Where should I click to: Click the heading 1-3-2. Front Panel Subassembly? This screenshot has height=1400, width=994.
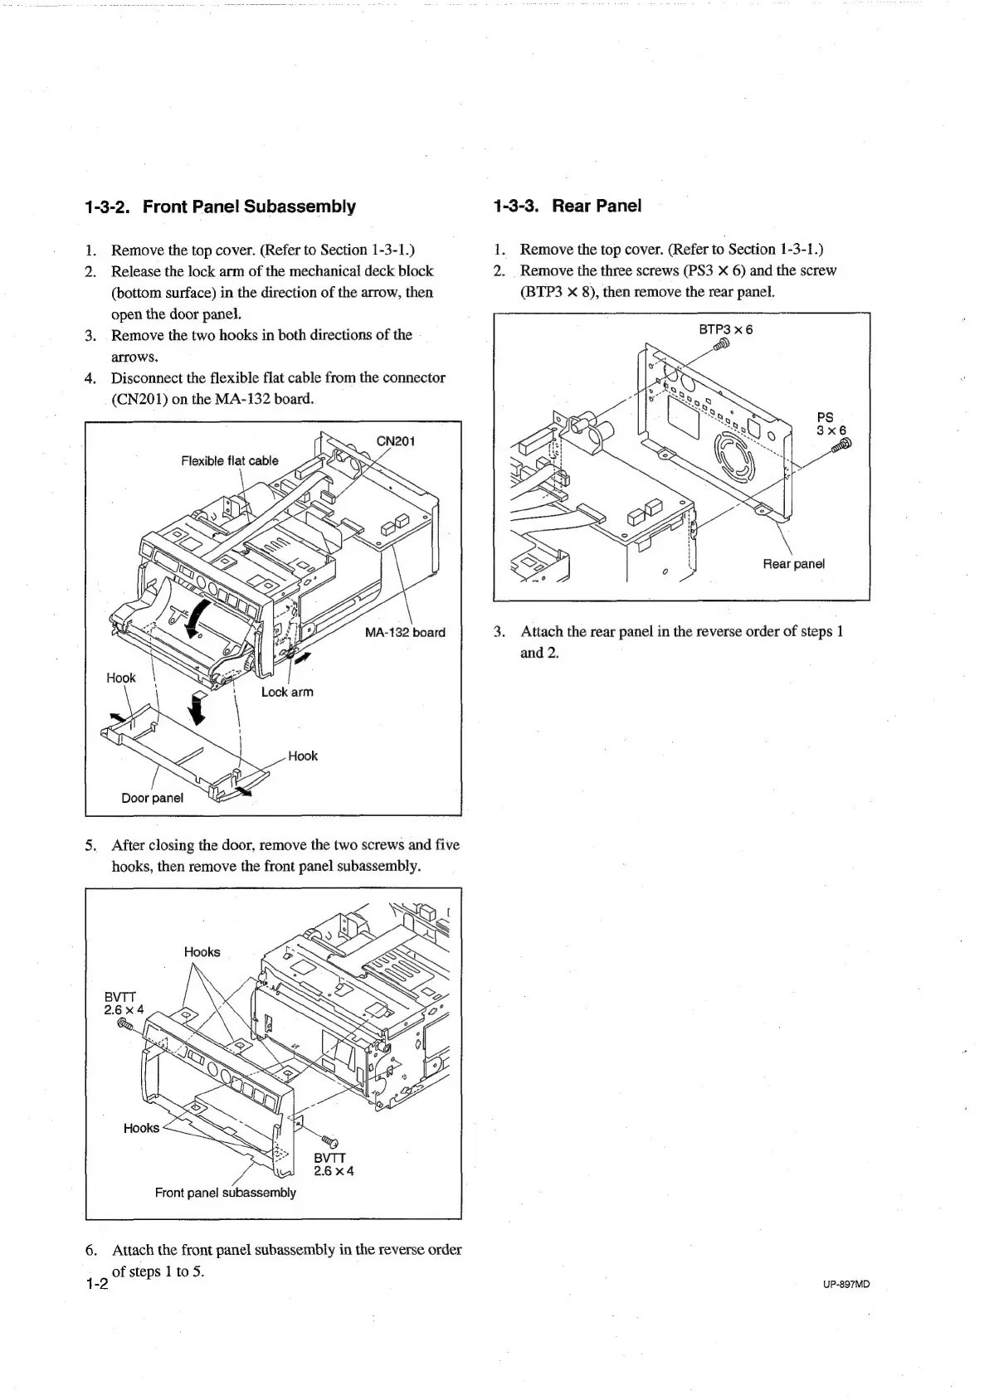(220, 207)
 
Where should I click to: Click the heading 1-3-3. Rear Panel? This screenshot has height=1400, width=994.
(567, 206)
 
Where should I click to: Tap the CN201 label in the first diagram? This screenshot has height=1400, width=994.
(396, 441)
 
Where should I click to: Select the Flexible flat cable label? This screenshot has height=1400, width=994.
(230, 461)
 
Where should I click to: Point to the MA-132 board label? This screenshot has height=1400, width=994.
(405, 633)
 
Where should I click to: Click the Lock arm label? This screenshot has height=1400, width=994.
(287, 692)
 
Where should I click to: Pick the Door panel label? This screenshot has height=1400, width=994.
(152, 798)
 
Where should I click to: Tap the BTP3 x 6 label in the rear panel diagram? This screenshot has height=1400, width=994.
(726, 329)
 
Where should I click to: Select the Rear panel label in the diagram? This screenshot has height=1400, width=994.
(794, 564)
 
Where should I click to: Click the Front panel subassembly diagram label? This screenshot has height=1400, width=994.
(225, 1193)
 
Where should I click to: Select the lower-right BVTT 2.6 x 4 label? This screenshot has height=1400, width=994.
(334, 1164)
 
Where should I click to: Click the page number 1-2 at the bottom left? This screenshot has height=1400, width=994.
(97, 1285)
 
